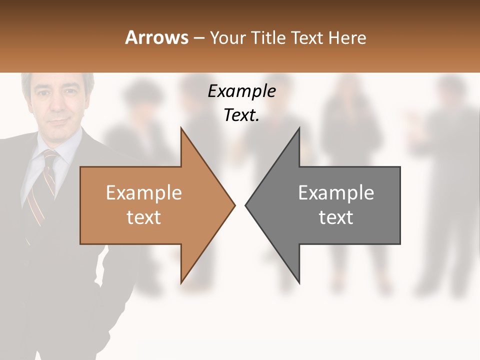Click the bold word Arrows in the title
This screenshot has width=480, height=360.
(x=156, y=37)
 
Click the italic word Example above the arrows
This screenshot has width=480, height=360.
(x=241, y=91)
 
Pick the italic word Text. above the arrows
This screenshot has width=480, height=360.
(x=241, y=115)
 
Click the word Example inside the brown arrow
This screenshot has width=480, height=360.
(x=143, y=192)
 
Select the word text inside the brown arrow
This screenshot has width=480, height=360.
(x=143, y=217)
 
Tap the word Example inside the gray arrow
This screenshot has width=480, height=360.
(x=336, y=192)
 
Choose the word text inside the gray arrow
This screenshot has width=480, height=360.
(x=336, y=217)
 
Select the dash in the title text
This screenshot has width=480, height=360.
(x=198, y=38)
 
